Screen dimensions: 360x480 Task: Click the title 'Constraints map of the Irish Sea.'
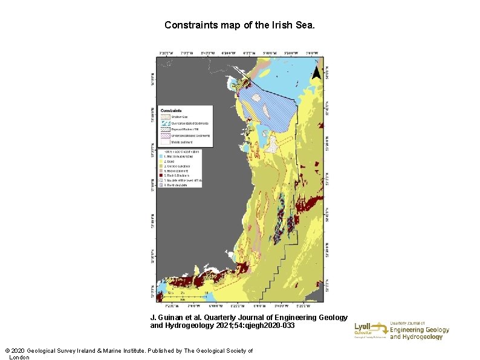click(239, 26)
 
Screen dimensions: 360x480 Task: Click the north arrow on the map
click(315, 74)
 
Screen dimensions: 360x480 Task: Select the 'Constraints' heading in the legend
click(172, 111)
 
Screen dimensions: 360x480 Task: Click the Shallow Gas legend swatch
click(166, 117)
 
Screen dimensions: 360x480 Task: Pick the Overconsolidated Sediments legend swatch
click(166, 123)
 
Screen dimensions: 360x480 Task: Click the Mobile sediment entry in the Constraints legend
click(181, 142)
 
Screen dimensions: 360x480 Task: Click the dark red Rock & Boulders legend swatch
click(162, 175)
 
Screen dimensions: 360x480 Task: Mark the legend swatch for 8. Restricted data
click(162, 185)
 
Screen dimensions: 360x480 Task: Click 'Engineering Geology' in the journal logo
click(419, 330)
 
